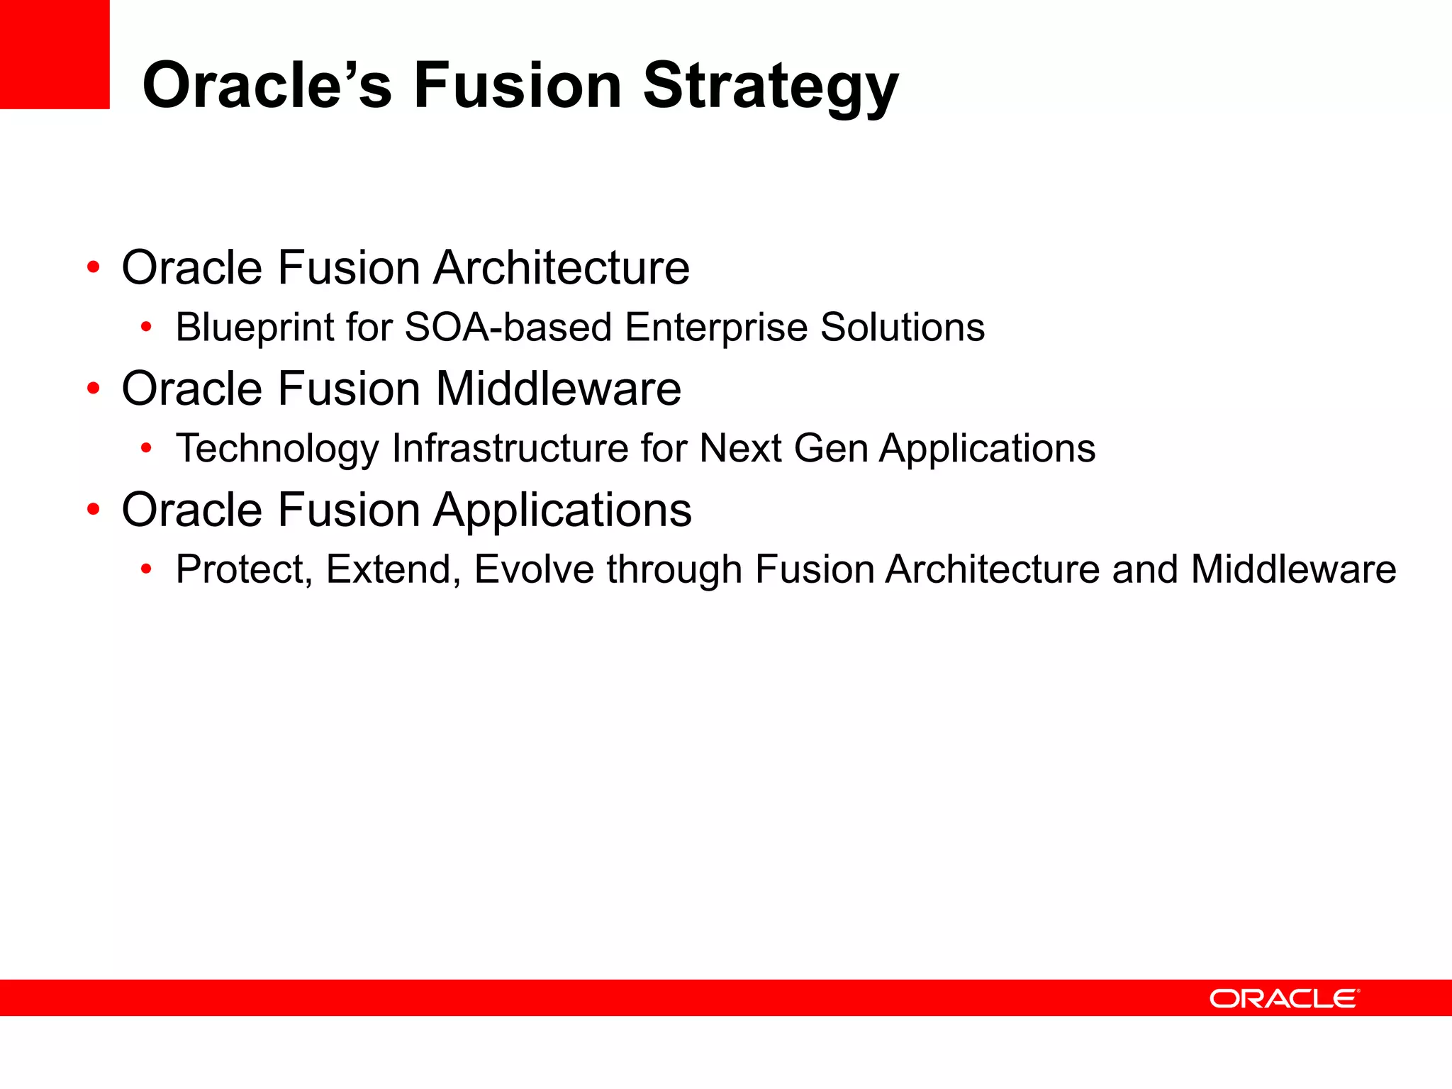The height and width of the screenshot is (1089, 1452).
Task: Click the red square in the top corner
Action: [x=54, y=54]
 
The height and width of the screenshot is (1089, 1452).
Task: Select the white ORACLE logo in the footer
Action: [x=1284, y=998]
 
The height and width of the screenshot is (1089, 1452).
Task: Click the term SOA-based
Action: [x=508, y=327]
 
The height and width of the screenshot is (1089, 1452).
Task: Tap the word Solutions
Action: [x=902, y=327]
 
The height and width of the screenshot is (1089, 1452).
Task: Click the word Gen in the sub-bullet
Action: [x=830, y=448]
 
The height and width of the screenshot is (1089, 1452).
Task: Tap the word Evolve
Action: [x=533, y=569]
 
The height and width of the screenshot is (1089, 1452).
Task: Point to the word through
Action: [x=674, y=569]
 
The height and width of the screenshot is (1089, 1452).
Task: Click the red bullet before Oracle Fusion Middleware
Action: [x=94, y=389]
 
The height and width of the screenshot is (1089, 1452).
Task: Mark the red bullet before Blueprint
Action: [x=146, y=328]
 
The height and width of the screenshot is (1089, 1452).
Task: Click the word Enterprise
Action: [x=716, y=328]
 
